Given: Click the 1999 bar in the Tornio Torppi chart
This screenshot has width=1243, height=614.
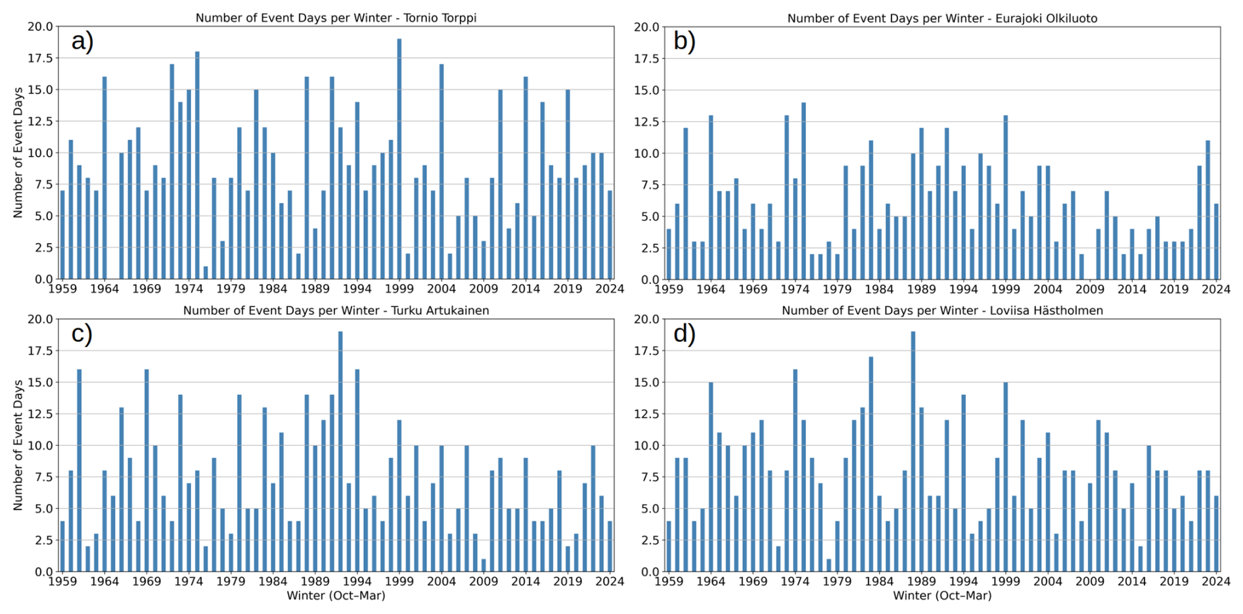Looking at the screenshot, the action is point(399,159).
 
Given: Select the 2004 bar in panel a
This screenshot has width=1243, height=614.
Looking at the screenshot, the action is point(441,172).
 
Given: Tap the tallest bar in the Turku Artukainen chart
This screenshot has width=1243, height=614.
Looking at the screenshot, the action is point(340,452).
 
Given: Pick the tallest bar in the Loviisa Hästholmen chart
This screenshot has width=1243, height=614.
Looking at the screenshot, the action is point(913,452).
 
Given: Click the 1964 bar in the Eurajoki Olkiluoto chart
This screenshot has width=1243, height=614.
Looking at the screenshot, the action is point(711,197).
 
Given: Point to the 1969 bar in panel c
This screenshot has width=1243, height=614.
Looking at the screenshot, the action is point(147,471).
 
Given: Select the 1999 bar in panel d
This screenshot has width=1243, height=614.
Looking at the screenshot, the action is point(1006,477).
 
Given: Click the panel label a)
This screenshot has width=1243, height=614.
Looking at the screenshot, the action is point(83,41).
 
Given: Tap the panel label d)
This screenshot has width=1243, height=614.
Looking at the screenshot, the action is point(685,334).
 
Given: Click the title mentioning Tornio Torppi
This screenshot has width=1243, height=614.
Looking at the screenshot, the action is point(336,18).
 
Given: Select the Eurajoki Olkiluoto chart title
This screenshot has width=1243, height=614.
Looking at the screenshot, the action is point(942,18).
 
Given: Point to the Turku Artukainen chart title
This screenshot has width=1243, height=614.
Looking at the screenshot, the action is point(336,310).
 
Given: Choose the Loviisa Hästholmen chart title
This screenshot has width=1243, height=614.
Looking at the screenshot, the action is point(942,310).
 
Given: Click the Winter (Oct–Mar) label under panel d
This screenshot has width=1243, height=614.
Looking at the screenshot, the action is point(942,596).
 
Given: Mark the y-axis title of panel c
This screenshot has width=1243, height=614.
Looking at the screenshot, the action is point(18,445).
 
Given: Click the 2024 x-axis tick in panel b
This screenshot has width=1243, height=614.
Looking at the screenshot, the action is point(1217,289).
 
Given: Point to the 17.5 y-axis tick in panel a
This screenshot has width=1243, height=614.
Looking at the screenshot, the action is point(41,59).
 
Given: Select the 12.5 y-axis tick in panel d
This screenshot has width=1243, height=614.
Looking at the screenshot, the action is point(647,414).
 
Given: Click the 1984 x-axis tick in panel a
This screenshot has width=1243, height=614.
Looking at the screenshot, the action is point(273,289).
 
